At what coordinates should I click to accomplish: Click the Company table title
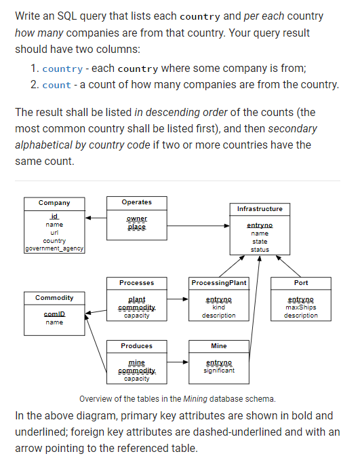(54, 203)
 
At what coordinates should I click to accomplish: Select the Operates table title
(136, 202)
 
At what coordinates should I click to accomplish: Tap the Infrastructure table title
(260, 208)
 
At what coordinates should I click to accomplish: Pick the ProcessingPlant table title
(219, 282)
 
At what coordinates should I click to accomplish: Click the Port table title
(301, 282)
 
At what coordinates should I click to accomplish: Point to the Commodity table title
(54, 298)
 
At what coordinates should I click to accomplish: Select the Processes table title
(136, 282)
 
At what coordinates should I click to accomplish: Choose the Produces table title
(136, 346)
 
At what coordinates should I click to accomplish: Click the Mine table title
(219, 346)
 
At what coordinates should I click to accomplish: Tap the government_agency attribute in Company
(54, 249)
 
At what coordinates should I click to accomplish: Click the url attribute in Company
(54, 233)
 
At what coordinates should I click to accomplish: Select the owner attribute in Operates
(136, 219)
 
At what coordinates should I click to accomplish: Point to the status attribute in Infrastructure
(260, 250)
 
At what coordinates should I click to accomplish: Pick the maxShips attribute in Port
(301, 307)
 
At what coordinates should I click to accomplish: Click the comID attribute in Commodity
(54, 314)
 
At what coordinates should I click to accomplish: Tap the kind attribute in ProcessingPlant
(219, 307)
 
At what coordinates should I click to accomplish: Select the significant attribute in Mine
(219, 371)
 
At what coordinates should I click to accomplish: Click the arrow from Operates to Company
(96, 219)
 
